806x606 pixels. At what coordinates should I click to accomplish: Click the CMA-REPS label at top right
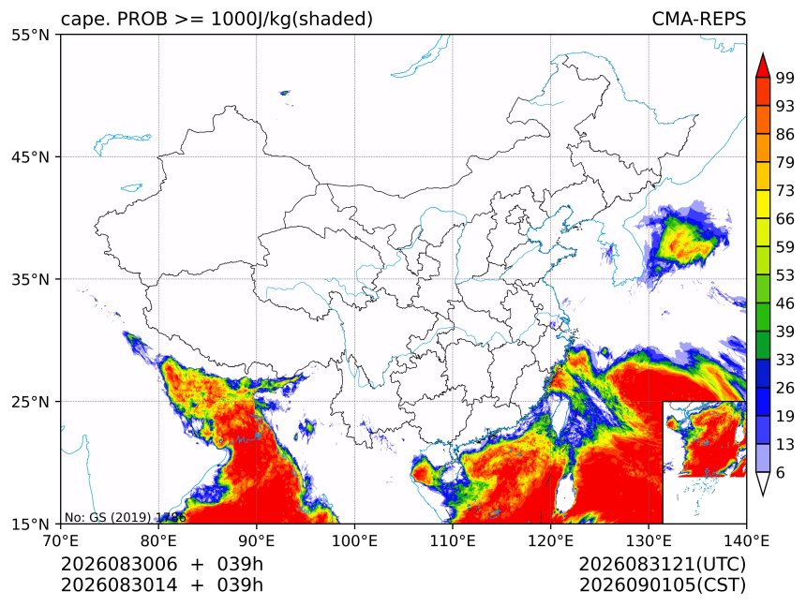pyautogui.click(x=698, y=19)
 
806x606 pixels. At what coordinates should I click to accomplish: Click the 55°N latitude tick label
pyautogui.click(x=30, y=35)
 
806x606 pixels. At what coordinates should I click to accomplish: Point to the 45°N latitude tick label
pyautogui.click(x=30, y=156)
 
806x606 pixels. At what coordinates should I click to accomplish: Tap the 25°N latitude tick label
pyautogui.click(x=30, y=401)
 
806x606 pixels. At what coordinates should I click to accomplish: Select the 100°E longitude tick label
pyautogui.click(x=354, y=540)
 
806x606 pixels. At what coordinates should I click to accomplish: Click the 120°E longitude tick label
pyautogui.click(x=550, y=540)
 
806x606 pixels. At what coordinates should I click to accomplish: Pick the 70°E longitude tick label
pyautogui.click(x=61, y=540)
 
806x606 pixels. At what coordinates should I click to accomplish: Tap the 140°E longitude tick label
pyautogui.click(x=746, y=540)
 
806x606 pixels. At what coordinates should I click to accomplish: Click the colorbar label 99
pyautogui.click(x=785, y=78)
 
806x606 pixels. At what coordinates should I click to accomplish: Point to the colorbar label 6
pyautogui.click(x=781, y=472)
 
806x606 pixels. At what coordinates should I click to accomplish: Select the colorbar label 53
pyautogui.click(x=785, y=275)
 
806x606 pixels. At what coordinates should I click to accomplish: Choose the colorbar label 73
pyautogui.click(x=785, y=190)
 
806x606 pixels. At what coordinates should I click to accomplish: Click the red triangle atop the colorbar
pyautogui.click(x=763, y=67)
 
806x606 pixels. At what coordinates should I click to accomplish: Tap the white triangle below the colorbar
pyautogui.click(x=763, y=482)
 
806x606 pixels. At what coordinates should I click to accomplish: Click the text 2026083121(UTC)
pyautogui.click(x=662, y=565)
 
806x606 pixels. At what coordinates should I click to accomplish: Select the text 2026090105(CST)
pyautogui.click(x=662, y=585)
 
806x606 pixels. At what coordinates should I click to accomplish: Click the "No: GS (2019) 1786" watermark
pyautogui.click(x=125, y=517)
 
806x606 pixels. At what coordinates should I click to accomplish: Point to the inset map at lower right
pyautogui.click(x=704, y=462)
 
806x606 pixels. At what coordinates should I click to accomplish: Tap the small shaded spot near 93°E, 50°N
pyautogui.click(x=284, y=93)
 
